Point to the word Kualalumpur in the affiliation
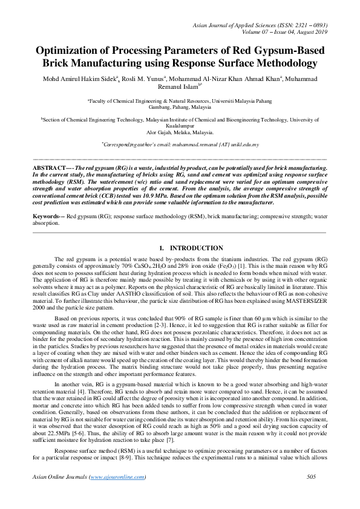(180, 126)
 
